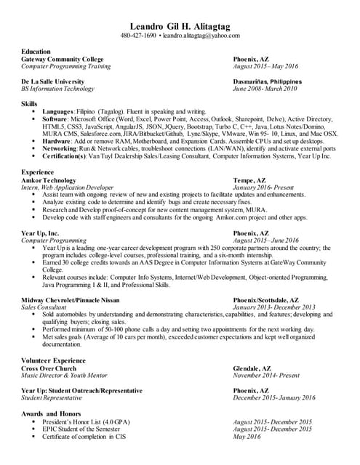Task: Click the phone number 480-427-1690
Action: pos(138,36)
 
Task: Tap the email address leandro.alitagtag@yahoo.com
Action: pos(200,36)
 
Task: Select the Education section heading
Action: pos(36,52)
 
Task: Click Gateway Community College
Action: pos(63,59)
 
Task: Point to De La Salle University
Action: pos(53,81)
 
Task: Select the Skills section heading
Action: pos(29,105)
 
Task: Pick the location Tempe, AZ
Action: pos(249,179)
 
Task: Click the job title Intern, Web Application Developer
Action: pos(68,187)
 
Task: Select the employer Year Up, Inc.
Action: pos(40,232)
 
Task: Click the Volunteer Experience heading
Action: pos(53,360)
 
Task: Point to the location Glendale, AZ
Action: pos(252,368)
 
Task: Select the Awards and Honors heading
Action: pos(50,413)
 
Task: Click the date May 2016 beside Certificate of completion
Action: pos(247,436)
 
